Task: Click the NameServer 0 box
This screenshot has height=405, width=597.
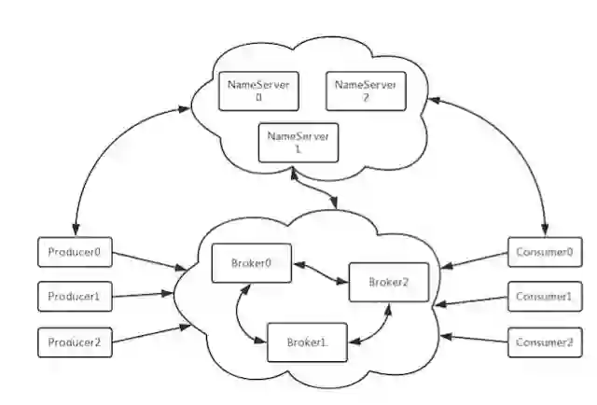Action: pos(257,91)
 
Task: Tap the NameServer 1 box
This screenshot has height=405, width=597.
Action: pos(298,143)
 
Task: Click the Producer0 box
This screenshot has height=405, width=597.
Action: pos(76,252)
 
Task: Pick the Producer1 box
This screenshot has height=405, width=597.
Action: pos(76,298)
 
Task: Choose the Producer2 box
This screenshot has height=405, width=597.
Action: pos(76,342)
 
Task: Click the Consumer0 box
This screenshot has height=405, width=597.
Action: pos(543,252)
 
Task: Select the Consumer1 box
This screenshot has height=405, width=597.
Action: pos(543,298)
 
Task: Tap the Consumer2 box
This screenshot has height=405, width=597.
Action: pos(543,342)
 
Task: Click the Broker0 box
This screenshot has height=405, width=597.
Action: pos(251,263)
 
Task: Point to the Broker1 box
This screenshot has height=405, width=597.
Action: pos(304,342)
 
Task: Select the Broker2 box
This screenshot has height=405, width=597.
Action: pos(388,282)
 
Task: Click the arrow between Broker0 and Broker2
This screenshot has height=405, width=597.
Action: pos(320,272)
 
